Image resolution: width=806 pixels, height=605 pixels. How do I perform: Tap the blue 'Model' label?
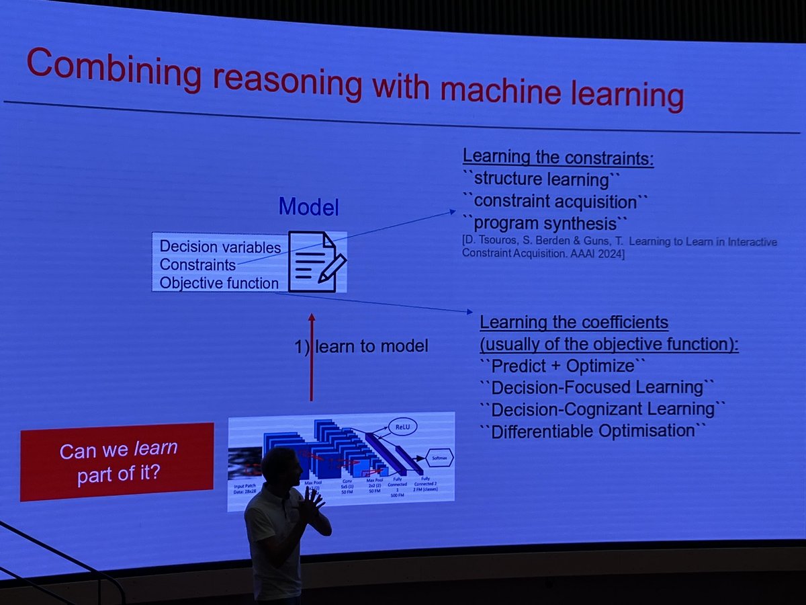309,208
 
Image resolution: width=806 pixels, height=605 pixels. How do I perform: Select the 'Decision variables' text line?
220,246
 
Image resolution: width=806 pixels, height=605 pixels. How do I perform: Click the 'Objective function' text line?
219,283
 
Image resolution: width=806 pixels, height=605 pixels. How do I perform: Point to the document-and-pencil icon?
315,261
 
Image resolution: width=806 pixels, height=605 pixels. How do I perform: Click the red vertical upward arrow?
311,356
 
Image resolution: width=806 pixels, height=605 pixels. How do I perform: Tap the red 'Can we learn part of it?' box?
118,462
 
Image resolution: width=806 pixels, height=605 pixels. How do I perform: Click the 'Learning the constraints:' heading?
558,159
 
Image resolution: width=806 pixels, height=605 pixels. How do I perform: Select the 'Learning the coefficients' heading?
574,323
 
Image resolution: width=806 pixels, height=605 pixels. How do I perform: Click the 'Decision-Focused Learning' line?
596,388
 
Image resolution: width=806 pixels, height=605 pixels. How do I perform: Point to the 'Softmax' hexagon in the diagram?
436,458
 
